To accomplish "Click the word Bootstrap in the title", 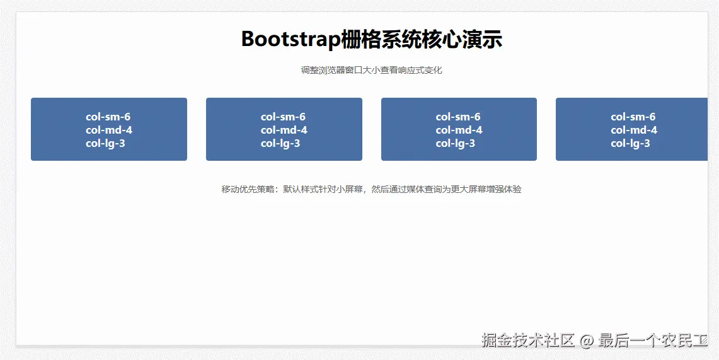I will [x=290, y=39].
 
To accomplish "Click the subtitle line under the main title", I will [x=371, y=70].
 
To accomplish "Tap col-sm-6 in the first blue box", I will [x=108, y=117].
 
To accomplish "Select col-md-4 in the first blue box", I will [x=108, y=130].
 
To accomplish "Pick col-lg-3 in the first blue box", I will [x=108, y=143].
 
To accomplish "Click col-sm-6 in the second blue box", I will [x=284, y=117].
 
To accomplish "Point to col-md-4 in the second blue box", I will [x=284, y=130].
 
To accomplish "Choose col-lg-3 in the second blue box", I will [x=284, y=143].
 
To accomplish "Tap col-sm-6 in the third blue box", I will [x=458, y=117].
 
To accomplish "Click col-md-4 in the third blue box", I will [x=458, y=130].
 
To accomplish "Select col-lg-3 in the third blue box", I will [x=458, y=143].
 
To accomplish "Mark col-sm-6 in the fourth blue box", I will [x=633, y=117].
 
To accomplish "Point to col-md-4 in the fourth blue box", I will [x=633, y=130].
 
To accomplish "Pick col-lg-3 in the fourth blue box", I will [x=633, y=143].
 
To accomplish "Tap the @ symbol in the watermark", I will [x=587, y=341].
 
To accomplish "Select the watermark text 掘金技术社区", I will [x=528, y=341].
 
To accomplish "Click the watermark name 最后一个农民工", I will [x=653, y=341].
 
